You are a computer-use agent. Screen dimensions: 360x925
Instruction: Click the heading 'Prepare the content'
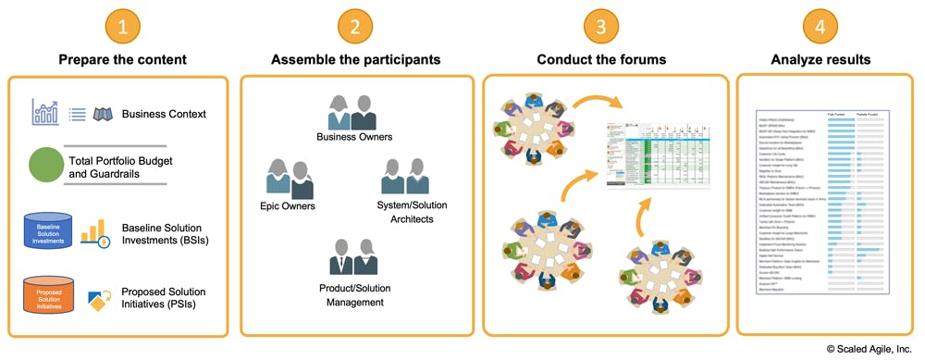point(122,60)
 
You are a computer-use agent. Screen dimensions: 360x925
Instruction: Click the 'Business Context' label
point(164,115)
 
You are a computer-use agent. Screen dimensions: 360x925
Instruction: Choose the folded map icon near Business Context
point(102,114)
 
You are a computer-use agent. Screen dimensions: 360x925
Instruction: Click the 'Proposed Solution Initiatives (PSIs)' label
point(164,299)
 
